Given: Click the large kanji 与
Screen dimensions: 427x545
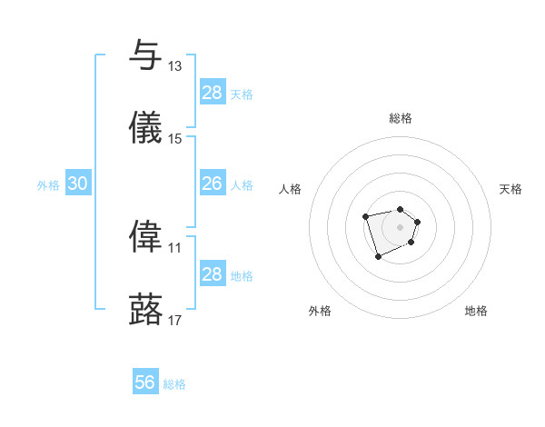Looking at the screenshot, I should (145, 55).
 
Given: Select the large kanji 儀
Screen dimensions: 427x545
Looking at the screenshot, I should (145, 128).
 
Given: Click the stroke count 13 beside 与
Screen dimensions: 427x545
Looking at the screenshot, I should (175, 66).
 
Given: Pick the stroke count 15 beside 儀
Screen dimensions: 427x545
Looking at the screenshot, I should (175, 139).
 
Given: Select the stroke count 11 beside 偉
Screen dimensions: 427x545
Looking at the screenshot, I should (175, 247).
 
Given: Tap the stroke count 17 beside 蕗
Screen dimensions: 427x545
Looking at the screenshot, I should (175, 320).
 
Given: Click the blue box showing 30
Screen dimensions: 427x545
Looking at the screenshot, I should (78, 184).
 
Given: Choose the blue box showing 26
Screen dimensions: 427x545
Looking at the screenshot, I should (212, 184).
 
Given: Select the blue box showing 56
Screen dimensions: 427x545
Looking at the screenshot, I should (145, 382).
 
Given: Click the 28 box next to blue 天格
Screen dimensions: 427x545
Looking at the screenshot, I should (212, 93).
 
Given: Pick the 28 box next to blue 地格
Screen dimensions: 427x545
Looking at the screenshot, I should (212, 274).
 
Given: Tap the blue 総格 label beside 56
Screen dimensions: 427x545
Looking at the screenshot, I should (174, 384).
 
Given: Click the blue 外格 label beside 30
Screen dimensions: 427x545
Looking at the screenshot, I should (48, 185).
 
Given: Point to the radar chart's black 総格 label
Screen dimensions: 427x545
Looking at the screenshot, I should (401, 118).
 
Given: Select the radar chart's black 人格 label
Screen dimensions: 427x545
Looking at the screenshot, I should (291, 189).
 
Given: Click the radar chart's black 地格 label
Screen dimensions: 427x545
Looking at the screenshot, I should (476, 311).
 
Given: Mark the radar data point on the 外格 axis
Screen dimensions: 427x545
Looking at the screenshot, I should (378, 257).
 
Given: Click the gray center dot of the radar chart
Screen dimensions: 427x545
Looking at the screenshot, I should (400, 226).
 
